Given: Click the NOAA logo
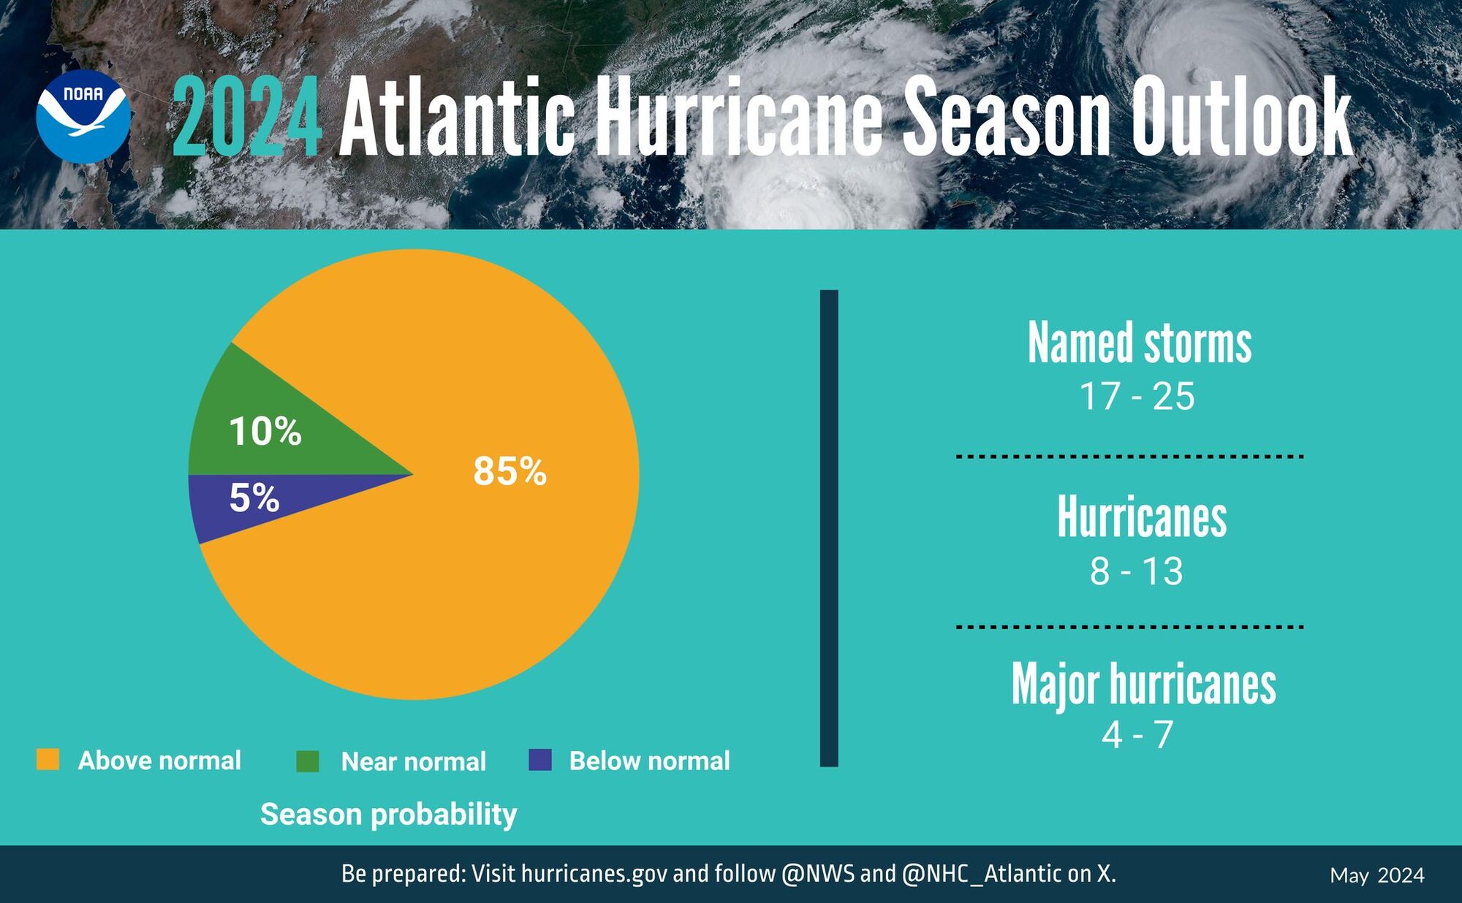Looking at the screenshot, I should (83, 116).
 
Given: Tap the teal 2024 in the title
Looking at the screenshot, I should (247, 117).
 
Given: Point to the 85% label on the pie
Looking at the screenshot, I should (510, 470).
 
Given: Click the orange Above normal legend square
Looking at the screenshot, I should (48, 759).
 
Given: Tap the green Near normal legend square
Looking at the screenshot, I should (308, 761).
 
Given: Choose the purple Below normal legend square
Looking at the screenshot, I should (540, 760).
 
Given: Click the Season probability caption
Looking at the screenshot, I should (388, 814).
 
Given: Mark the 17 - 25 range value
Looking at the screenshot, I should (1137, 396).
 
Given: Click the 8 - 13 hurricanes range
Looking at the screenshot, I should (1136, 571).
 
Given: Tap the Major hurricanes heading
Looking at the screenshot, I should (1143, 684).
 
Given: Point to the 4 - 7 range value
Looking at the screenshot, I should (1137, 734).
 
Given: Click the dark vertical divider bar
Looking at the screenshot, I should (829, 527).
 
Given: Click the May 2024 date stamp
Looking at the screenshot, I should (1376, 875).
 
